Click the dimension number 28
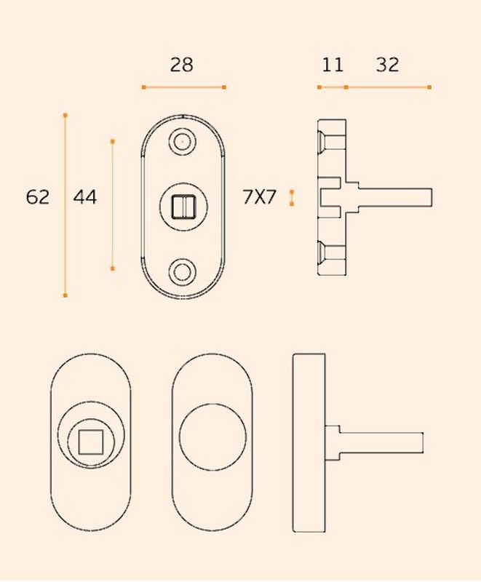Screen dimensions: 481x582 click(x=181, y=65)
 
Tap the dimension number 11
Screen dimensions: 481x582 click(x=333, y=65)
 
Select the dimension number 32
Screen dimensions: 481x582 click(x=387, y=65)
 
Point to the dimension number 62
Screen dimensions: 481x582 click(x=38, y=196)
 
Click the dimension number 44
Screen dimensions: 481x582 click(x=85, y=196)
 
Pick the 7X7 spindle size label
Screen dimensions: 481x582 click(x=260, y=196)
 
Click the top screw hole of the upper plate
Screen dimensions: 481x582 click(x=182, y=141)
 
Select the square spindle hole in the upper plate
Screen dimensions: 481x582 click(x=183, y=207)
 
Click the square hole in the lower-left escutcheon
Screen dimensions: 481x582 click(x=91, y=442)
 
